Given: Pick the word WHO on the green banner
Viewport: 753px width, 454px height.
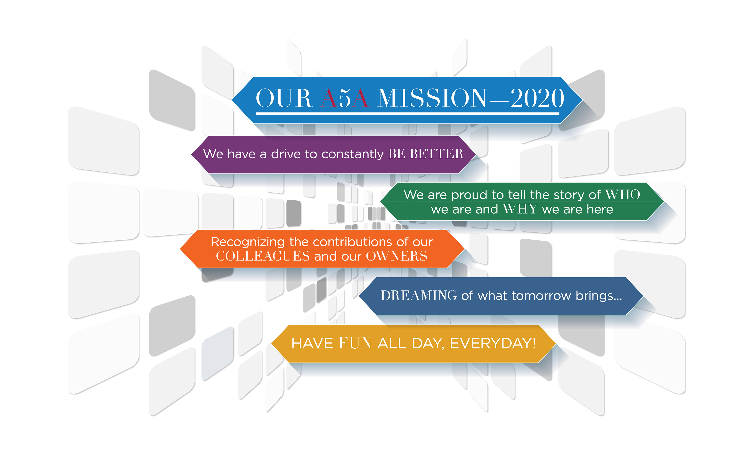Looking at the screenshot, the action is [623, 195].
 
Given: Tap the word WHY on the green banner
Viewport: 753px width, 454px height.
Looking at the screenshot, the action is [520, 209].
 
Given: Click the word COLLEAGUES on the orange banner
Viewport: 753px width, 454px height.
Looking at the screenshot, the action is [263, 256].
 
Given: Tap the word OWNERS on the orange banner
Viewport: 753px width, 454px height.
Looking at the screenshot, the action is [397, 256].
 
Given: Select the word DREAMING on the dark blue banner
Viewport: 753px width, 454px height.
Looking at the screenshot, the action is [419, 296].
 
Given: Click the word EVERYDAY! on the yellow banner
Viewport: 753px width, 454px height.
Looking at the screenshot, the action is [493, 343].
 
